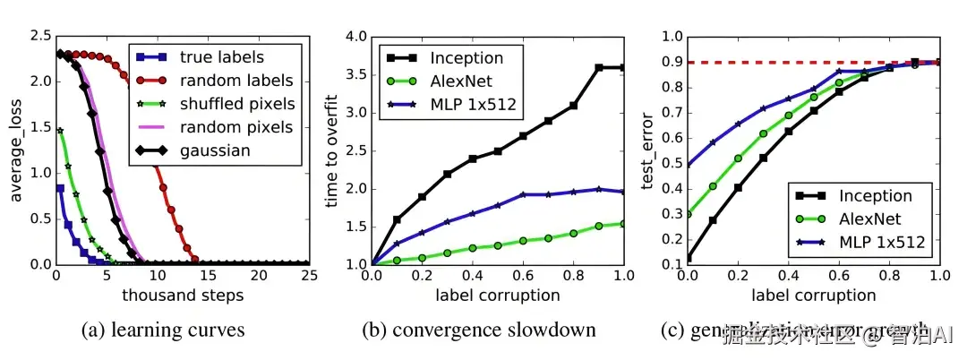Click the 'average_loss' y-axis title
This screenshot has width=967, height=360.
click(16, 150)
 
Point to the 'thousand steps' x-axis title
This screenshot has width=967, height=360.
click(182, 295)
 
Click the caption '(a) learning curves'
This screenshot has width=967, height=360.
click(163, 330)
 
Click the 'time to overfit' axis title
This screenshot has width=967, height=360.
click(333, 150)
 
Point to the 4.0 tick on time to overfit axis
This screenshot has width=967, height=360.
click(357, 37)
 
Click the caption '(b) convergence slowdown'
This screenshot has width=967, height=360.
click(479, 330)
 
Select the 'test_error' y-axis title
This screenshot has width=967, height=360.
click(651, 150)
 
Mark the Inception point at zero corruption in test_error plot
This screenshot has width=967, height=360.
click(688, 257)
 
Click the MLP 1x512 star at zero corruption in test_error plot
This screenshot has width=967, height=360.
click(688, 166)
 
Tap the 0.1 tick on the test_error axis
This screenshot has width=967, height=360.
click(671, 265)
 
